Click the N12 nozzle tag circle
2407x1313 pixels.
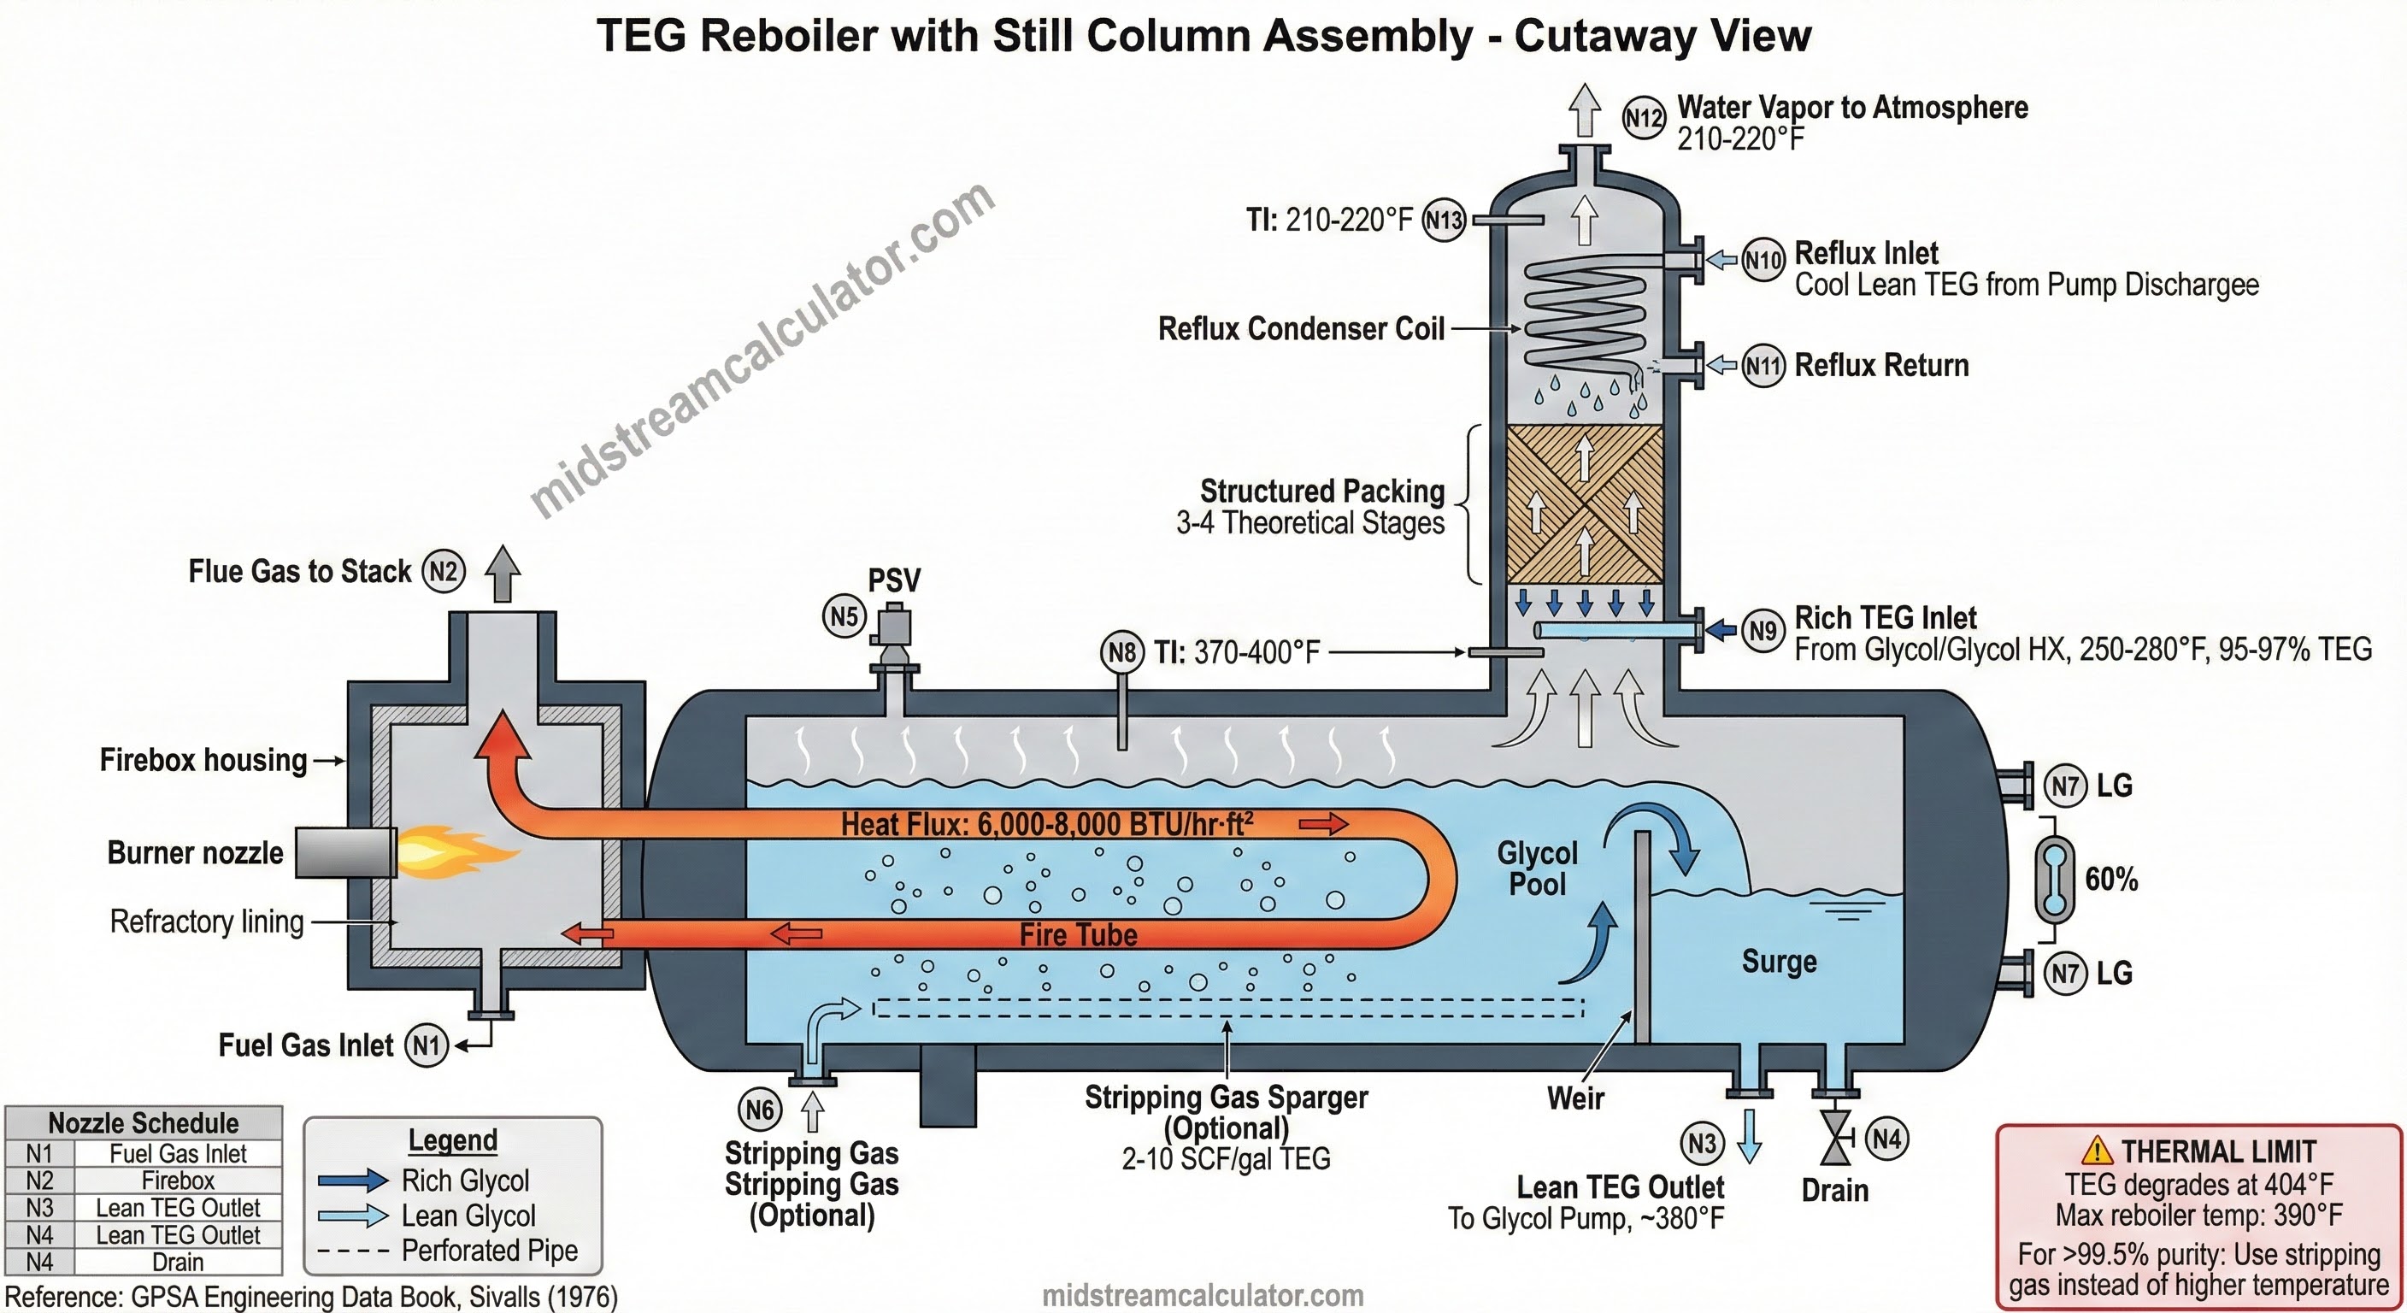[x=1643, y=118]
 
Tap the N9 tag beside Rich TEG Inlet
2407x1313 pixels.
[x=1763, y=631]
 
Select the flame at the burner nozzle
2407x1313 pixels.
[x=455, y=851]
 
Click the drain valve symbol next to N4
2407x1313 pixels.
[x=1837, y=1139]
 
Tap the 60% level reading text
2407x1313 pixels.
[x=2110, y=880]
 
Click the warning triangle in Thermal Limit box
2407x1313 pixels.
[x=2097, y=1151]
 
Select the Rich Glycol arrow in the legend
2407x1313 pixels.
[x=352, y=1181]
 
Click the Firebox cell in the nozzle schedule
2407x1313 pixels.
[x=178, y=1181]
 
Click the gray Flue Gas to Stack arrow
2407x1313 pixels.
[x=503, y=573]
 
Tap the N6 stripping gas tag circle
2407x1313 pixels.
[x=760, y=1110]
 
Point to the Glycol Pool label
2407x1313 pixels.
[x=1537, y=868]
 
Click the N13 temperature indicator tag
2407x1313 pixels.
[x=1443, y=221]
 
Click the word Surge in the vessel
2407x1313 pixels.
[x=1779, y=962]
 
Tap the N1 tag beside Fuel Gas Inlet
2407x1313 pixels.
[x=426, y=1045]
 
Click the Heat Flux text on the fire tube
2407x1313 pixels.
[x=1046, y=824]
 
